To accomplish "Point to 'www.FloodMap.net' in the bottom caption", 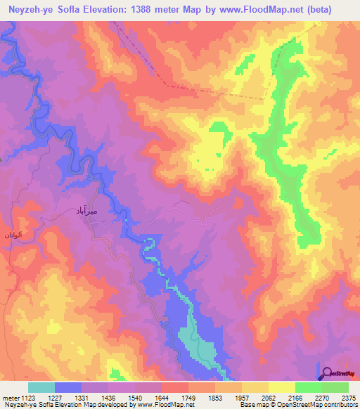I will pos(162,405).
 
